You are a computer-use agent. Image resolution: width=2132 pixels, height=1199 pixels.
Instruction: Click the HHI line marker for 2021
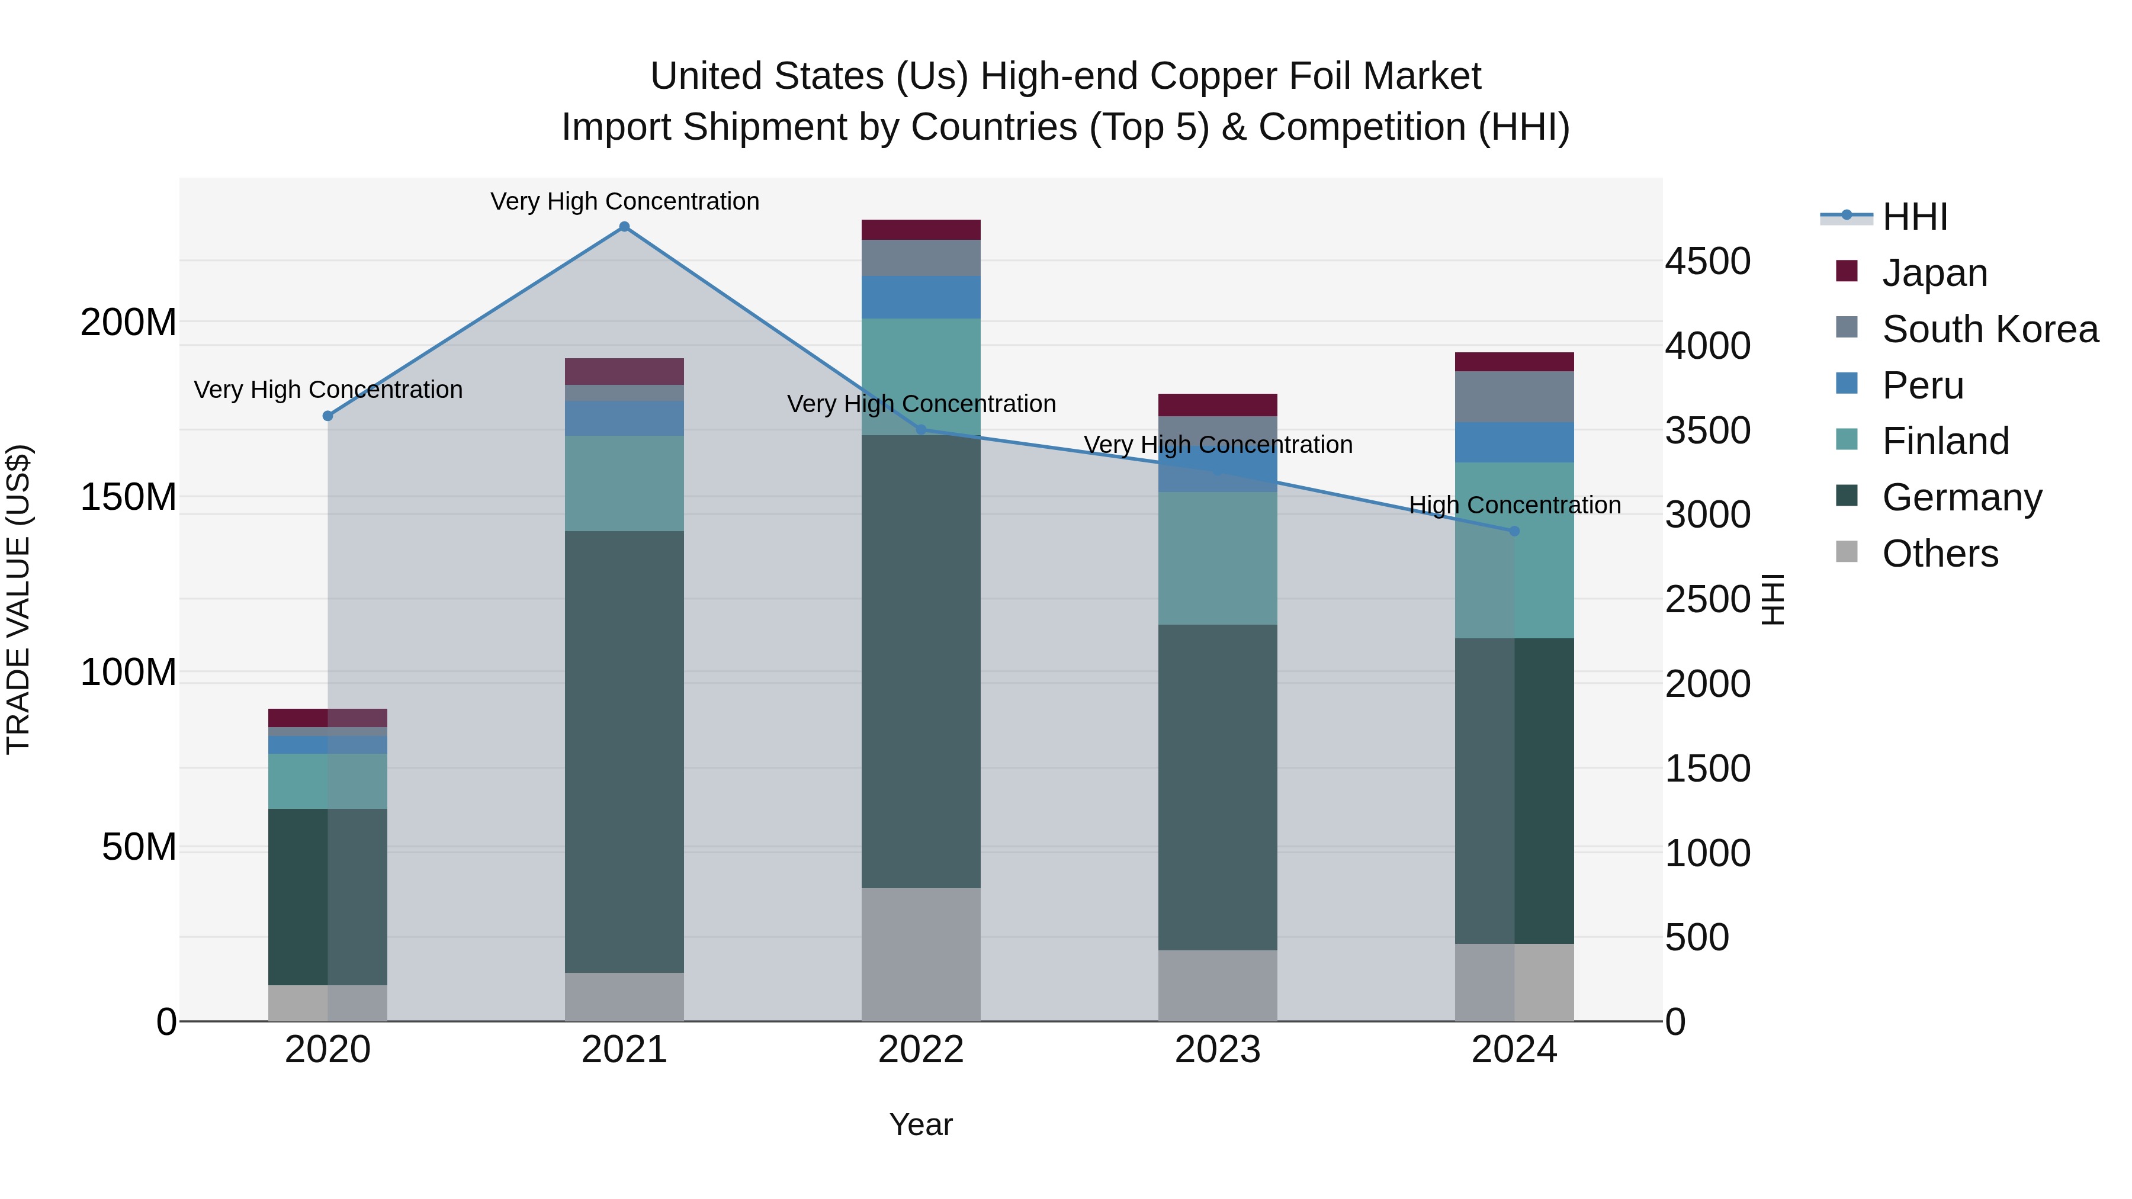pyautogui.click(x=624, y=227)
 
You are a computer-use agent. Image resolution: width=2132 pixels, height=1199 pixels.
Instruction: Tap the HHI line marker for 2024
pyautogui.click(x=1514, y=531)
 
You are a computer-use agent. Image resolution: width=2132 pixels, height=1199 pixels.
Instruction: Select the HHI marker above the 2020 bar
pyautogui.click(x=327, y=416)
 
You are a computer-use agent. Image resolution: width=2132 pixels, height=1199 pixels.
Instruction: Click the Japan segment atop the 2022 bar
pyautogui.click(x=920, y=229)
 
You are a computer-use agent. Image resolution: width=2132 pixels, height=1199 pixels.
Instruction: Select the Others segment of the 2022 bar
pyautogui.click(x=920, y=954)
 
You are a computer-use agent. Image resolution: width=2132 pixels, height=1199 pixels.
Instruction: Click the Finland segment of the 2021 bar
pyautogui.click(x=624, y=483)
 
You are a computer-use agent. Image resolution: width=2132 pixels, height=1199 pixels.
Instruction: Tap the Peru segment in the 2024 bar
pyautogui.click(x=1514, y=442)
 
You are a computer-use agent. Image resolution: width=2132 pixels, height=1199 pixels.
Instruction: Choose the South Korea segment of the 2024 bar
pyautogui.click(x=1514, y=396)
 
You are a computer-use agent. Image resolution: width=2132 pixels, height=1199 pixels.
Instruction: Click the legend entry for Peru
pyautogui.click(x=1922, y=385)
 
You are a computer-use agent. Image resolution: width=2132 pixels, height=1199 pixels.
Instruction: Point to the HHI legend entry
pyautogui.click(x=1913, y=217)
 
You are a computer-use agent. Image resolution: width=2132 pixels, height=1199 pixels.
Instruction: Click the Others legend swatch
pyautogui.click(x=1847, y=552)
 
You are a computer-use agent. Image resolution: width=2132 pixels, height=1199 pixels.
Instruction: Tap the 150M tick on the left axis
pyautogui.click(x=129, y=497)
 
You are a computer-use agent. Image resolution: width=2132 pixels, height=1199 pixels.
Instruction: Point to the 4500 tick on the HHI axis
pyautogui.click(x=1707, y=262)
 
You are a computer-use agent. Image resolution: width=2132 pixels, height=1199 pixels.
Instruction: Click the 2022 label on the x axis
pyautogui.click(x=920, y=1050)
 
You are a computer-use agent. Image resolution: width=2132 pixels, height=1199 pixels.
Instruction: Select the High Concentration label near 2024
pyautogui.click(x=1514, y=504)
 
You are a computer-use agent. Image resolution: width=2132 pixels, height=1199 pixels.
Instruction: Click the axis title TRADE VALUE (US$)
pyautogui.click(x=18, y=599)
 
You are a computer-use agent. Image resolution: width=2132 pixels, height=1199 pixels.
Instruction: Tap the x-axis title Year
pyautogui.click(x=920, y=1124)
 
